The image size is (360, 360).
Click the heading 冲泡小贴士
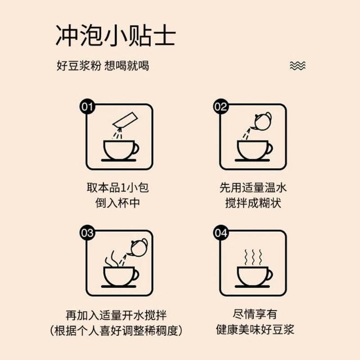(116, 35)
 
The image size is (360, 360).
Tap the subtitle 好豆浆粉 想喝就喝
(102, 66)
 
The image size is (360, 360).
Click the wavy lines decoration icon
(298, 66)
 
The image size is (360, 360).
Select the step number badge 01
(87, 107)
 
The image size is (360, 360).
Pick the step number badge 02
(221, 107)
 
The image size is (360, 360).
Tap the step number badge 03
(87, 233)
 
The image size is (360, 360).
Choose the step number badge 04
(221, 233)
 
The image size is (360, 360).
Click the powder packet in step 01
(125, 120)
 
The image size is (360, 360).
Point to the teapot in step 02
(262, 121)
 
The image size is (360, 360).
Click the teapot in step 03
(138, 247)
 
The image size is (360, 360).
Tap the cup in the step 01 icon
(120, 151)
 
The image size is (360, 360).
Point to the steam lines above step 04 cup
(253, 257)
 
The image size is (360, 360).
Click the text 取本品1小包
(118, 187)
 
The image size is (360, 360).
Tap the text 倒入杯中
(118, 203)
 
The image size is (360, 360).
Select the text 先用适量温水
(253, 187)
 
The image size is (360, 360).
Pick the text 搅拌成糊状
(253, 203)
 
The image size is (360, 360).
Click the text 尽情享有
(255, 314)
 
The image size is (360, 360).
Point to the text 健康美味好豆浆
(255, 330)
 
